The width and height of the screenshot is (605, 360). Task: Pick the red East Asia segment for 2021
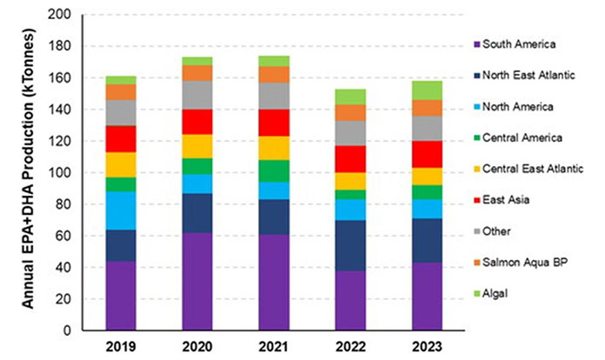[275, 123]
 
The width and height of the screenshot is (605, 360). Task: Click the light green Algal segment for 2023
[426, 90]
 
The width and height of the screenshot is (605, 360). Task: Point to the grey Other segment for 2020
[199, 95]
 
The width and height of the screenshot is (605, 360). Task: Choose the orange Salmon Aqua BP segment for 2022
[350, 112]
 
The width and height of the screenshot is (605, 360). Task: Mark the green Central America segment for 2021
[275, 171]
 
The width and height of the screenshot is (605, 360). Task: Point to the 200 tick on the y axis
[60, 16]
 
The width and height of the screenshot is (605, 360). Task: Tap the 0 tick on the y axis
[67, 331]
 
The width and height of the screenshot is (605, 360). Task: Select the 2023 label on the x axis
[426, 349]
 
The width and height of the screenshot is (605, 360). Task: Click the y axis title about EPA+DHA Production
[28, 173]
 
